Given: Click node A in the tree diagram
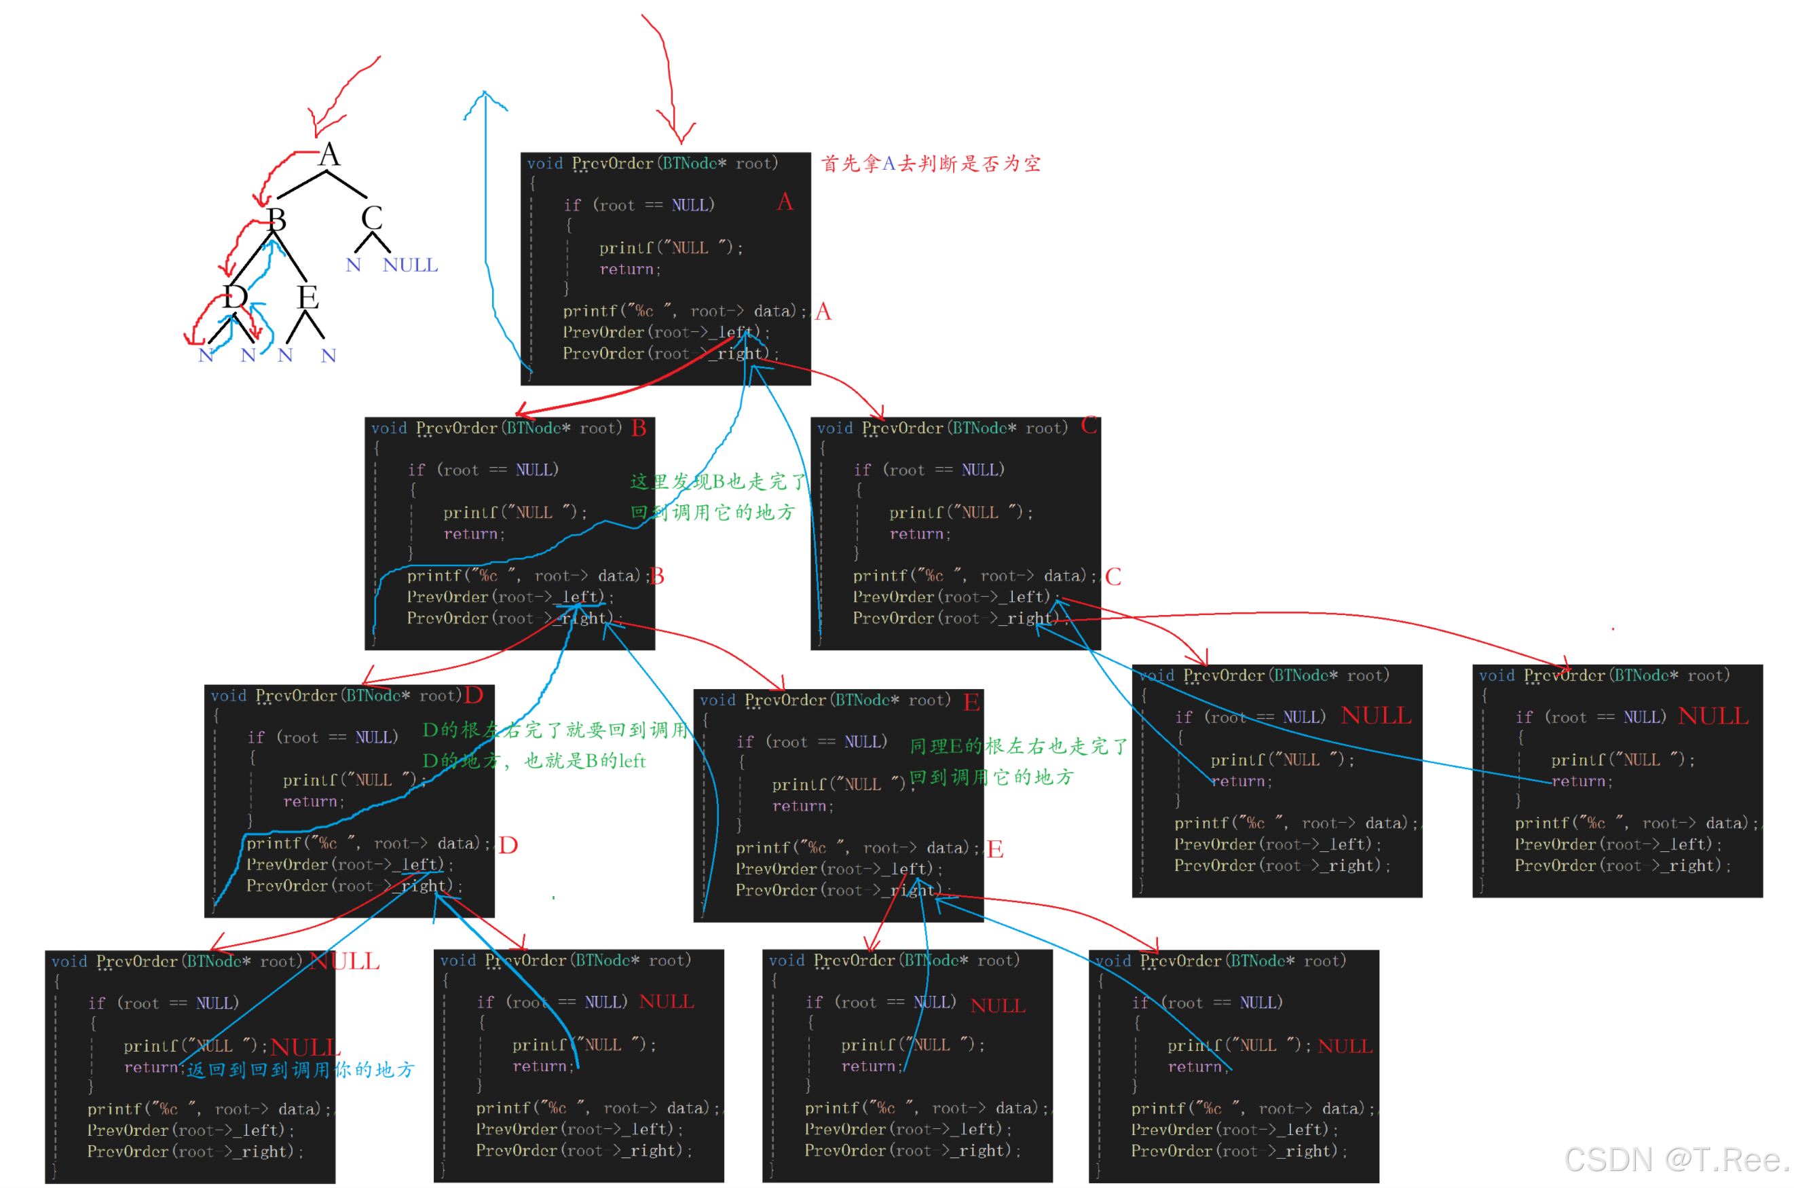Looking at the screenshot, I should point(329,155).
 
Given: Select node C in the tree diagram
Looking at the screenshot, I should point(371,218).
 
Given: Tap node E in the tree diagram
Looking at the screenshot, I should point(307,296).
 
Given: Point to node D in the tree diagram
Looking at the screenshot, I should point(235,296).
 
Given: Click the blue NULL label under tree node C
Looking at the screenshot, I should point(410,265).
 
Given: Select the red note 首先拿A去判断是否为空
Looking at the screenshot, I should point(931,164).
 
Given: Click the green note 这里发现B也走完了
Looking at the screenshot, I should point(718,482).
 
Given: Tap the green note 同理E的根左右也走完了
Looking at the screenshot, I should point(1018,747).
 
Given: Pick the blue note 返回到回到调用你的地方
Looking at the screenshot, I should point(301,1070).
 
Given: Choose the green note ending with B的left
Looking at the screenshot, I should point(534,761).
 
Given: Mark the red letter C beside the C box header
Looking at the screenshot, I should point(1089,425).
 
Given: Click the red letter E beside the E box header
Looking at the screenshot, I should point(971,703).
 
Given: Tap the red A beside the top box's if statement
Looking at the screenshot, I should point(784,202).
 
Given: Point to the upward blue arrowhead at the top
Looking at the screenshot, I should point(485,96).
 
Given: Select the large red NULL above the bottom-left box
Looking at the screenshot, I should point(345,961).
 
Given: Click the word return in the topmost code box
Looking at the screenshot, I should point(626,270).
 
